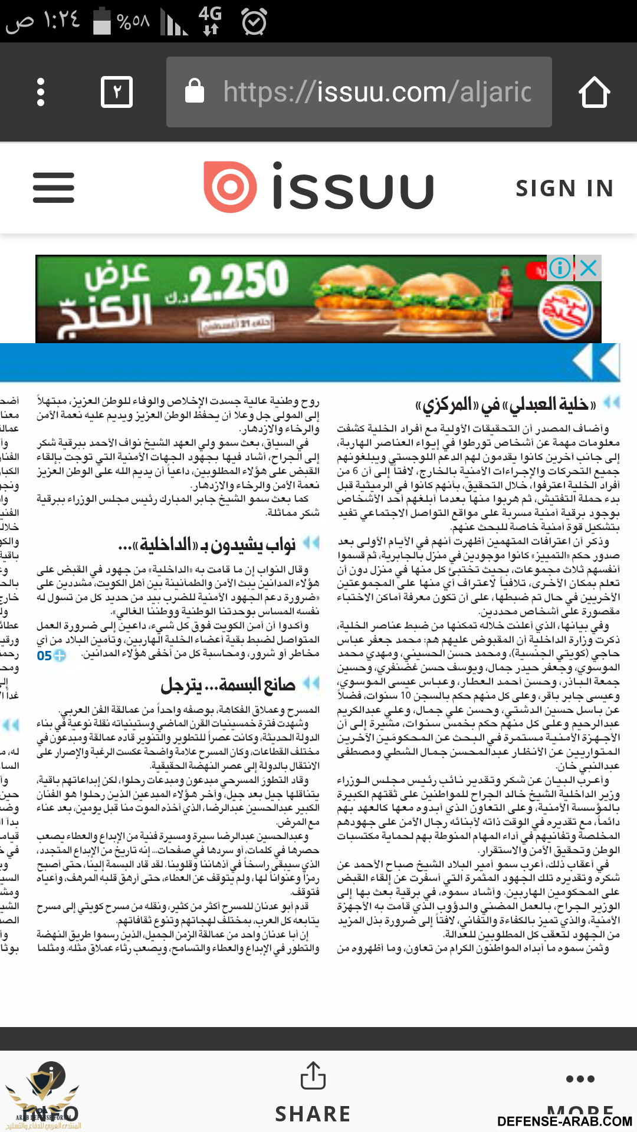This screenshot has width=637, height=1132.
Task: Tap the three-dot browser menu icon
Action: tap(41, 92)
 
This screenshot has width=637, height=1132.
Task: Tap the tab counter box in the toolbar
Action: tap(117, 92)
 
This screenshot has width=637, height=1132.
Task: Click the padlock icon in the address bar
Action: tap(195, 91)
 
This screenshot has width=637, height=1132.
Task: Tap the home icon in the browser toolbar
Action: tap(594, 92)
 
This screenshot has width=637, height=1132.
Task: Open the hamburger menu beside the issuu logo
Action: tap(54, 187)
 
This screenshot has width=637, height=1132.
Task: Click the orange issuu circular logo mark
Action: tap(230, 187)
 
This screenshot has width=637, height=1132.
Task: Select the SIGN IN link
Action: tap(564, 189)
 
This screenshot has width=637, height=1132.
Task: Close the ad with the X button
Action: tap(589, 268)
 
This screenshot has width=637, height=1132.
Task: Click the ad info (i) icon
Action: tap(559, 268)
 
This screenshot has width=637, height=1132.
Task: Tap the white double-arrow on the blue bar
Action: tap(597, 362)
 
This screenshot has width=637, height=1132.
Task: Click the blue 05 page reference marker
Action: tap(51, 656)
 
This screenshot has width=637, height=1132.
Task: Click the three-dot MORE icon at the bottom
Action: tap(580, 1079)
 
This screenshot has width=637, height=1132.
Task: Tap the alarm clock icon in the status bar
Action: tap(254, 22)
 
